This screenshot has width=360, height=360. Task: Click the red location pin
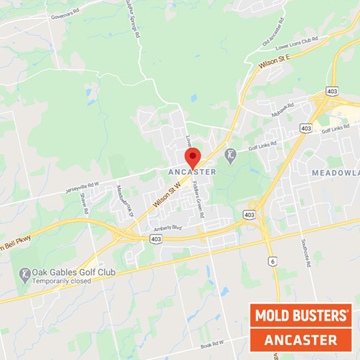(x=193, y=156)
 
